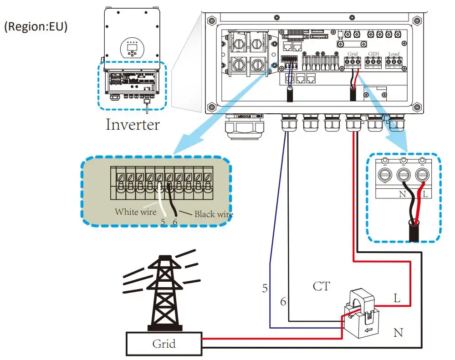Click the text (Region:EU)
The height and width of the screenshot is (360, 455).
point(36,27)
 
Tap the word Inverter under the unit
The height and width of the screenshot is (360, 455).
point(133,124)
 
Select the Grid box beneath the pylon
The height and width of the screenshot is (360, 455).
point(164,344)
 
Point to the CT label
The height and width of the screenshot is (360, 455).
point(322,286)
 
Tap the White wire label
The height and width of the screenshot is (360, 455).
point(135,212)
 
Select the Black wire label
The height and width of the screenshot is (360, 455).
point(214,214)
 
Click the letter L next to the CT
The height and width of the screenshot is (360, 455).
point(397,299)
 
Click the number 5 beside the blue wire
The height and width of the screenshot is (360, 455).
point(265,288)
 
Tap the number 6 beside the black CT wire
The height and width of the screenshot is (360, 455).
point(283,301)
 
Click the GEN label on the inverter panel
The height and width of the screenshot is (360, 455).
point(373,54)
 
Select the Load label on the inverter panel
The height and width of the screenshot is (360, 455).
point(394,54)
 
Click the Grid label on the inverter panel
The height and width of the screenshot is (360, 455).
point(353,54)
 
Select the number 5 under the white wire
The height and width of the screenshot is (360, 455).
point(163,223)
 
